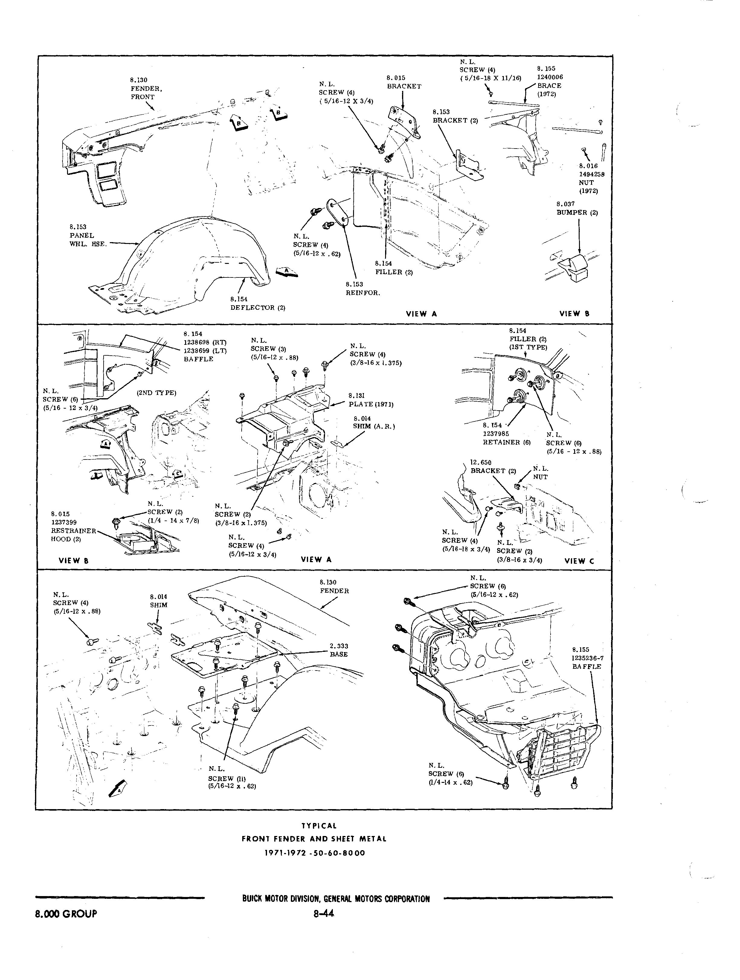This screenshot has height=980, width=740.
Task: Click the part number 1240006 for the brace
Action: (550, 77)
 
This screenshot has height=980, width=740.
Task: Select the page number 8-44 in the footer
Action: (323, 913)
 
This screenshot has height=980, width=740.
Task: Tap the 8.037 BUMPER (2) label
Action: (577, 208)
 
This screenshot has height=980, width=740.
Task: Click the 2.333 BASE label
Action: (339, 650)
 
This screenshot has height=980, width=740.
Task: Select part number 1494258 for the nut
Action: (592, 174)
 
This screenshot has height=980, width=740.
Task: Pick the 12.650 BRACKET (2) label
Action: (493, 466)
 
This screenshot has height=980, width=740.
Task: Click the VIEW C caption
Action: (579, 561)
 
